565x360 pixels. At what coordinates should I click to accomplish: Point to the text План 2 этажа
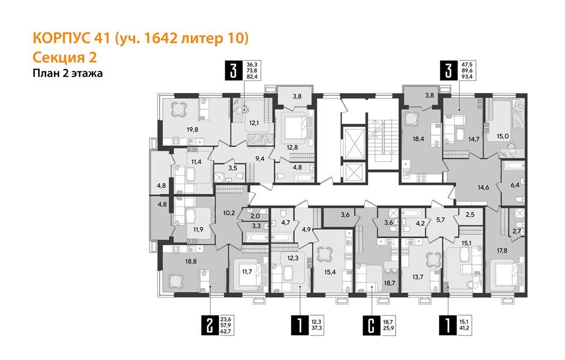(67, 74)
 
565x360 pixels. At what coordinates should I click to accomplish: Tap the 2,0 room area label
(255, 216)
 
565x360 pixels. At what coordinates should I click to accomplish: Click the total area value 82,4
(253, 77)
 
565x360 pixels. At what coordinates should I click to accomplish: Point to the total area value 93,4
(468, 77)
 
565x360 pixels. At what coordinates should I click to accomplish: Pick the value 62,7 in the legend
(226, 330)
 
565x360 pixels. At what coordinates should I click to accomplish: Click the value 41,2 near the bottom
(467, 328)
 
